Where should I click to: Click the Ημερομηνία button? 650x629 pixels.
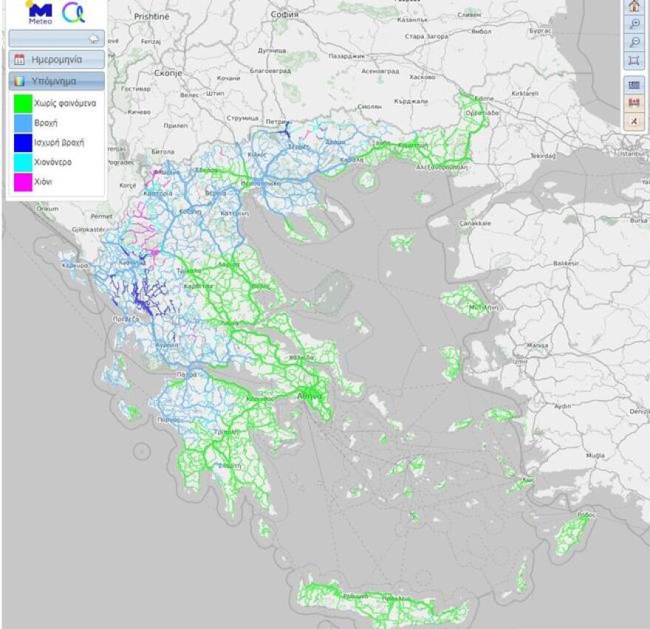(x=57, y=60)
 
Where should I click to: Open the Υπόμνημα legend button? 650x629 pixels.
(x=57, y=81)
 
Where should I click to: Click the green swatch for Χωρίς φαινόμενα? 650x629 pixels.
(x=22, y=103)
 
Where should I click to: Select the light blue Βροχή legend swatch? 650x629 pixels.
(x=22, y=122)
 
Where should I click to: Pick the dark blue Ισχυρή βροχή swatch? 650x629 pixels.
(x=22, y=141)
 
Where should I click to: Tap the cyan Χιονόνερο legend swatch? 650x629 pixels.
(x=22, y=160)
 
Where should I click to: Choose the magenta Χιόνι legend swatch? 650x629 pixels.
(x=22, y=180)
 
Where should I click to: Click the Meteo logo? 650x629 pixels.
(x=39, y=13)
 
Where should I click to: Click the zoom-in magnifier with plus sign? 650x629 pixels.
(x=634, y=24)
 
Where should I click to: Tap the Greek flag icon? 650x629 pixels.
(x=634, y=85)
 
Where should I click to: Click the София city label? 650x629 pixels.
(x=284, y=14)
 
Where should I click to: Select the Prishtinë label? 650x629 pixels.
(x=152, y=16)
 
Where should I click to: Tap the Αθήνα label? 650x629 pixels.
(x=309, y=396)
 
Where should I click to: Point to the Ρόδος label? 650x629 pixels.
(x=586, y=514)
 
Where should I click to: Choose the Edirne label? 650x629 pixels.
(x=485, y=98)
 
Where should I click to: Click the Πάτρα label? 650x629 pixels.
(x=186, y=374)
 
